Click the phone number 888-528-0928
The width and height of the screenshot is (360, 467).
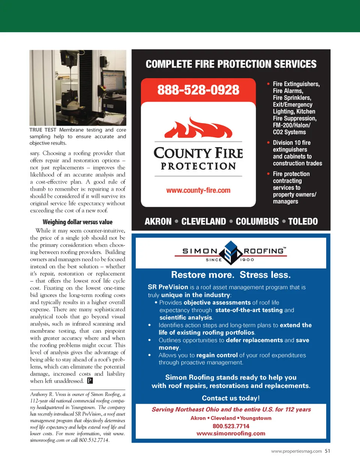(198, 90)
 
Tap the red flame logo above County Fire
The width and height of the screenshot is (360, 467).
(198, 128)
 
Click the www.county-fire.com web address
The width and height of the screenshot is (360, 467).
(198, 191)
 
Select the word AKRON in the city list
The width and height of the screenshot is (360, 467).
(158, 222)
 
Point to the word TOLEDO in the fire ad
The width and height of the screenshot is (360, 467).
(303, 222)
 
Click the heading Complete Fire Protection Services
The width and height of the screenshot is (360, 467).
(231, 64)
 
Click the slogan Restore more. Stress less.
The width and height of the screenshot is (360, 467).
(231, 275)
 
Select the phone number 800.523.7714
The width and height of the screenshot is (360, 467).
(231, 426)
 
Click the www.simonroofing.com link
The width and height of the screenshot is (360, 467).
(231, 434)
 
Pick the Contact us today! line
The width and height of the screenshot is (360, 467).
(231, 398)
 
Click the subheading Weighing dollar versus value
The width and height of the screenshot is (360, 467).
(78, 222)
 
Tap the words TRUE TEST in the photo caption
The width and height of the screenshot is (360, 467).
(43, 130)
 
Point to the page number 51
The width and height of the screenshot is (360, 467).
(327, 451)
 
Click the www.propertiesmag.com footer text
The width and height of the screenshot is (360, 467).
(296, 451)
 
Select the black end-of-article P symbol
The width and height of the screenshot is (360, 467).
(90, 381)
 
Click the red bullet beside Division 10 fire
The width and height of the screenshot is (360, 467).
(268, 143)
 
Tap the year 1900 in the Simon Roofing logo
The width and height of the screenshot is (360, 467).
(247, 260)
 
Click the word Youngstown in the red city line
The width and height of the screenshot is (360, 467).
(256, 418)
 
